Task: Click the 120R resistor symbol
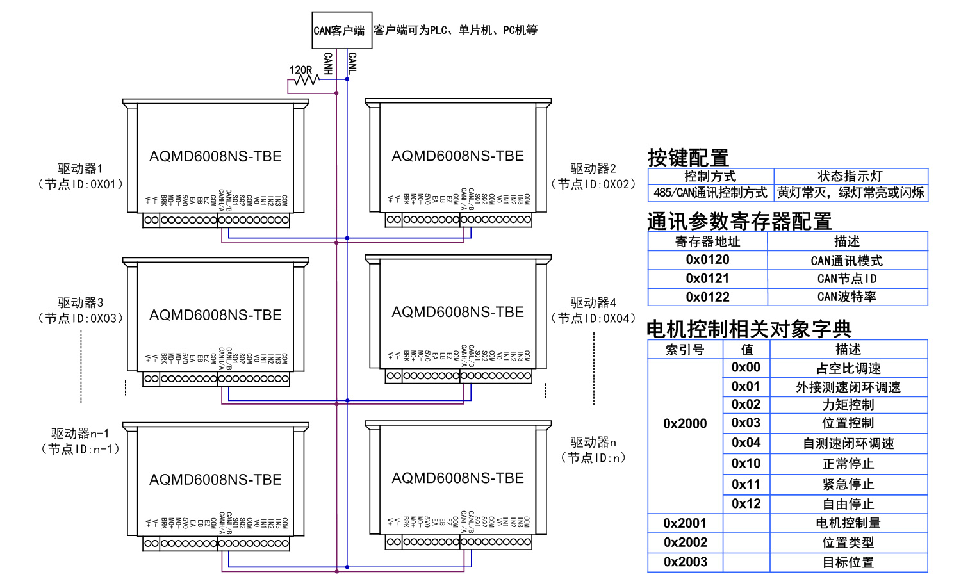pos(306,80)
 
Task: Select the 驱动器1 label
pos(80,168)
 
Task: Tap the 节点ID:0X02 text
pos(593,184)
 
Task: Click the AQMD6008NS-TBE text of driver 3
pos(215,315)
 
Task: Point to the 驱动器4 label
pos(593,302)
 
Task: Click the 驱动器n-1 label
pos(80,434)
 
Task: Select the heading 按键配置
pos(688,157)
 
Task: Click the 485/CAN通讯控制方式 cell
pos(710,193)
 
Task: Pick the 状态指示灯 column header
pos(850,176)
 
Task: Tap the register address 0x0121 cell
pos(707,279)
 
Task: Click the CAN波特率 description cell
pos(847,297)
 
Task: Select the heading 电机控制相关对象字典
pos(749,329)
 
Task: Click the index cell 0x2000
pos(685,423)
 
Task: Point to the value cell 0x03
pos(746,423)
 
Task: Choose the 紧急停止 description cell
pos(848,484)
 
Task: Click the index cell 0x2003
pos(685,562)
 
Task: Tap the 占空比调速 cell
pos(848,368)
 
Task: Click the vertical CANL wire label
pos(352,63)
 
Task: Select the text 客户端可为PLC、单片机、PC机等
pos(456,30)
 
